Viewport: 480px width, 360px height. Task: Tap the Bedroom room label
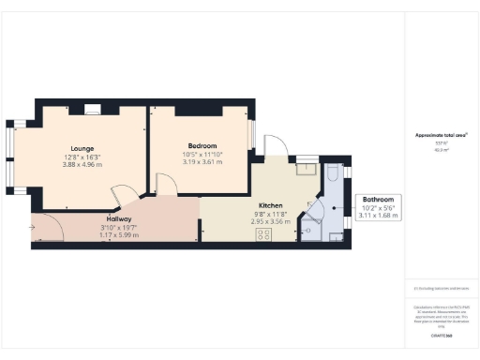point(202,146)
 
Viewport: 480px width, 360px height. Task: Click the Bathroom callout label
point(379,200)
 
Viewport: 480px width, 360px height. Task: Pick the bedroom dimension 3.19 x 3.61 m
point(202,161)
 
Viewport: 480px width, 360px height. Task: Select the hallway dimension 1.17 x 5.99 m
point(119,234)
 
